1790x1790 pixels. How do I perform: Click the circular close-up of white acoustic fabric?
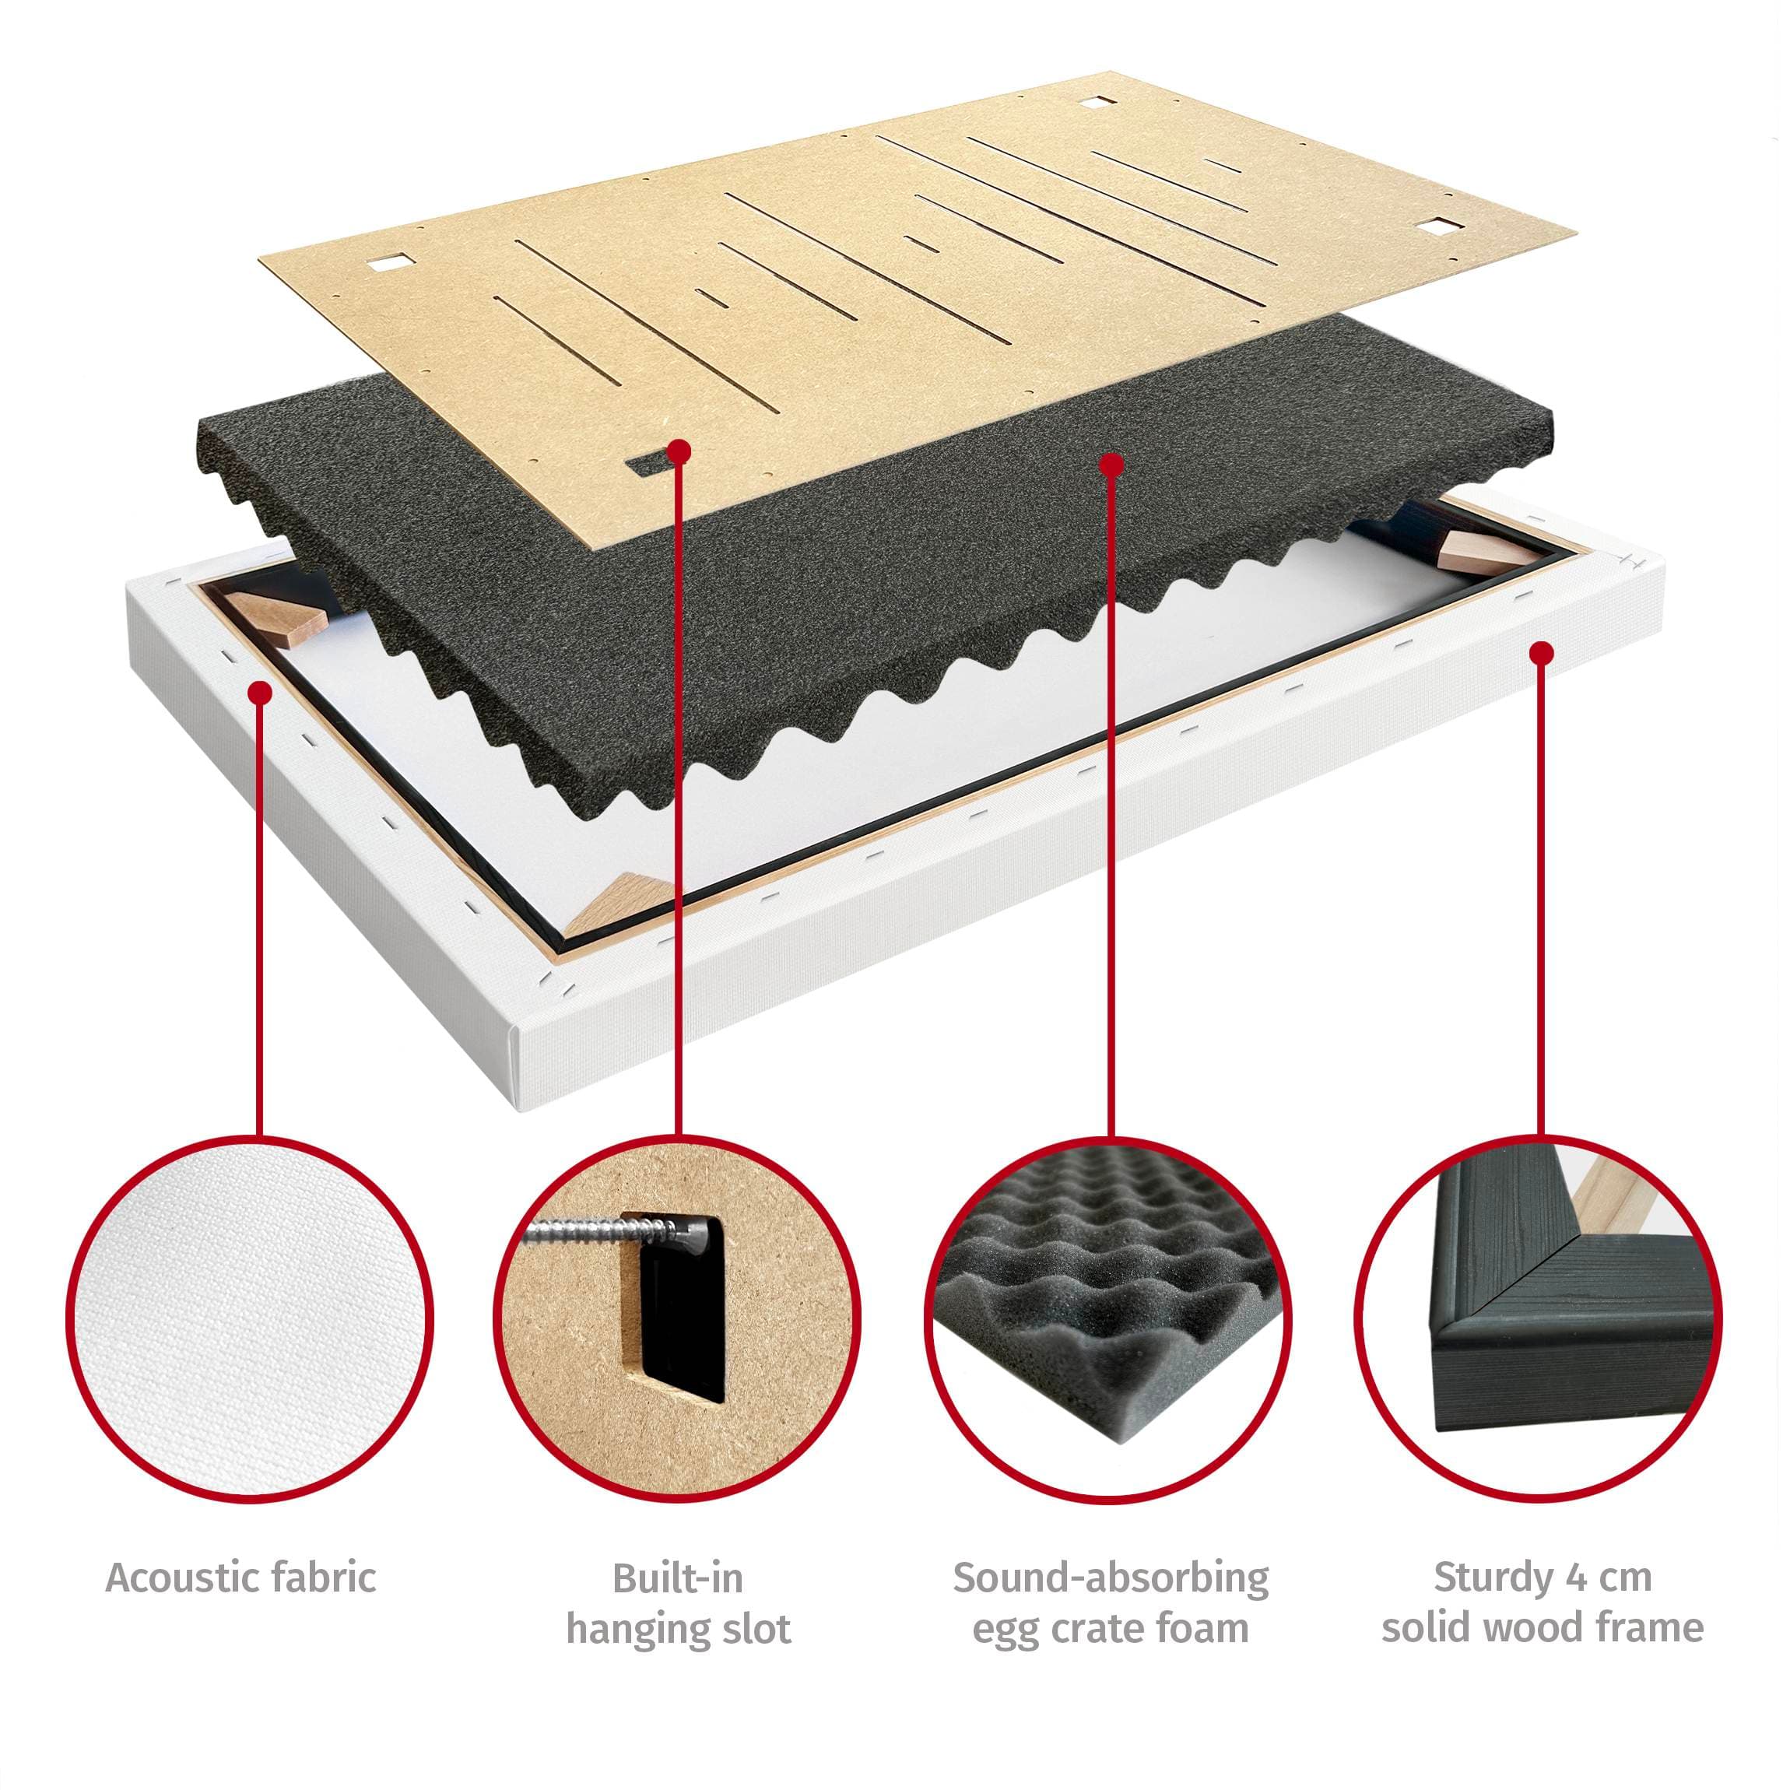[x=250, y=1320]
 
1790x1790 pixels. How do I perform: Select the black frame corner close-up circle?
[x=1541, y=1320]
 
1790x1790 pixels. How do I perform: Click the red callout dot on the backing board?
[x=681, y=451]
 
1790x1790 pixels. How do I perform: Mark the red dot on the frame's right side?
[x=1542, y=654]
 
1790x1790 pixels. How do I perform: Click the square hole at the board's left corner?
[x=385, y=265]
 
